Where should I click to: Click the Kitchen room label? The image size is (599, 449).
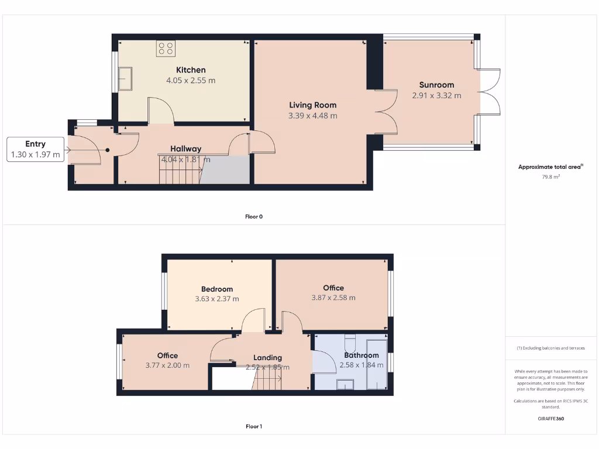(191, 70)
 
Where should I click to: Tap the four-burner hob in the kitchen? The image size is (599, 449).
(166, 49)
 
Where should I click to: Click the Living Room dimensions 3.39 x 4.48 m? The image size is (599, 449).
(312, 116)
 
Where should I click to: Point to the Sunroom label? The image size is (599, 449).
(436, 85)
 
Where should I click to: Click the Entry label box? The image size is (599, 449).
(35, 149)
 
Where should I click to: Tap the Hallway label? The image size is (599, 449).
(185, 148)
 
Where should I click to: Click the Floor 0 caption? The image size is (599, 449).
(253, 216)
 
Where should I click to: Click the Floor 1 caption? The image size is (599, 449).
(253, 426)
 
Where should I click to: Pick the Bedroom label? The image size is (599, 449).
(216, 289)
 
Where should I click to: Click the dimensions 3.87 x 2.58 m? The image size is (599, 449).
(333, 298)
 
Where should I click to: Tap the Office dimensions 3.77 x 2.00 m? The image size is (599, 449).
(167, 365)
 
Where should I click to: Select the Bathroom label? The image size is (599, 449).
(361, 355)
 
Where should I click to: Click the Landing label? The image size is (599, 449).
(267, 357)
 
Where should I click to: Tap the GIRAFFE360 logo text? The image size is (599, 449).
(551, 419)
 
